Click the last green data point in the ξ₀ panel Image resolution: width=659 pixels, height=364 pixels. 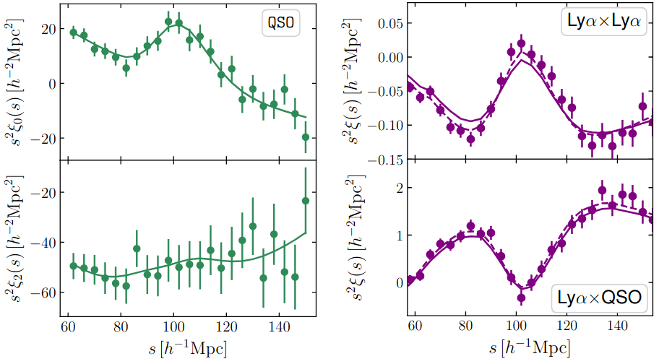[306, 137]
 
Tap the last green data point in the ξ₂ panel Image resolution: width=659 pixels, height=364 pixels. [306, 201]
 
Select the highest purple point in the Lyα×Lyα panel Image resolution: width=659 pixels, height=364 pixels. [521, 43]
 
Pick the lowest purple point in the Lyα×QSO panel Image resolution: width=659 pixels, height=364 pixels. [521, 298]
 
